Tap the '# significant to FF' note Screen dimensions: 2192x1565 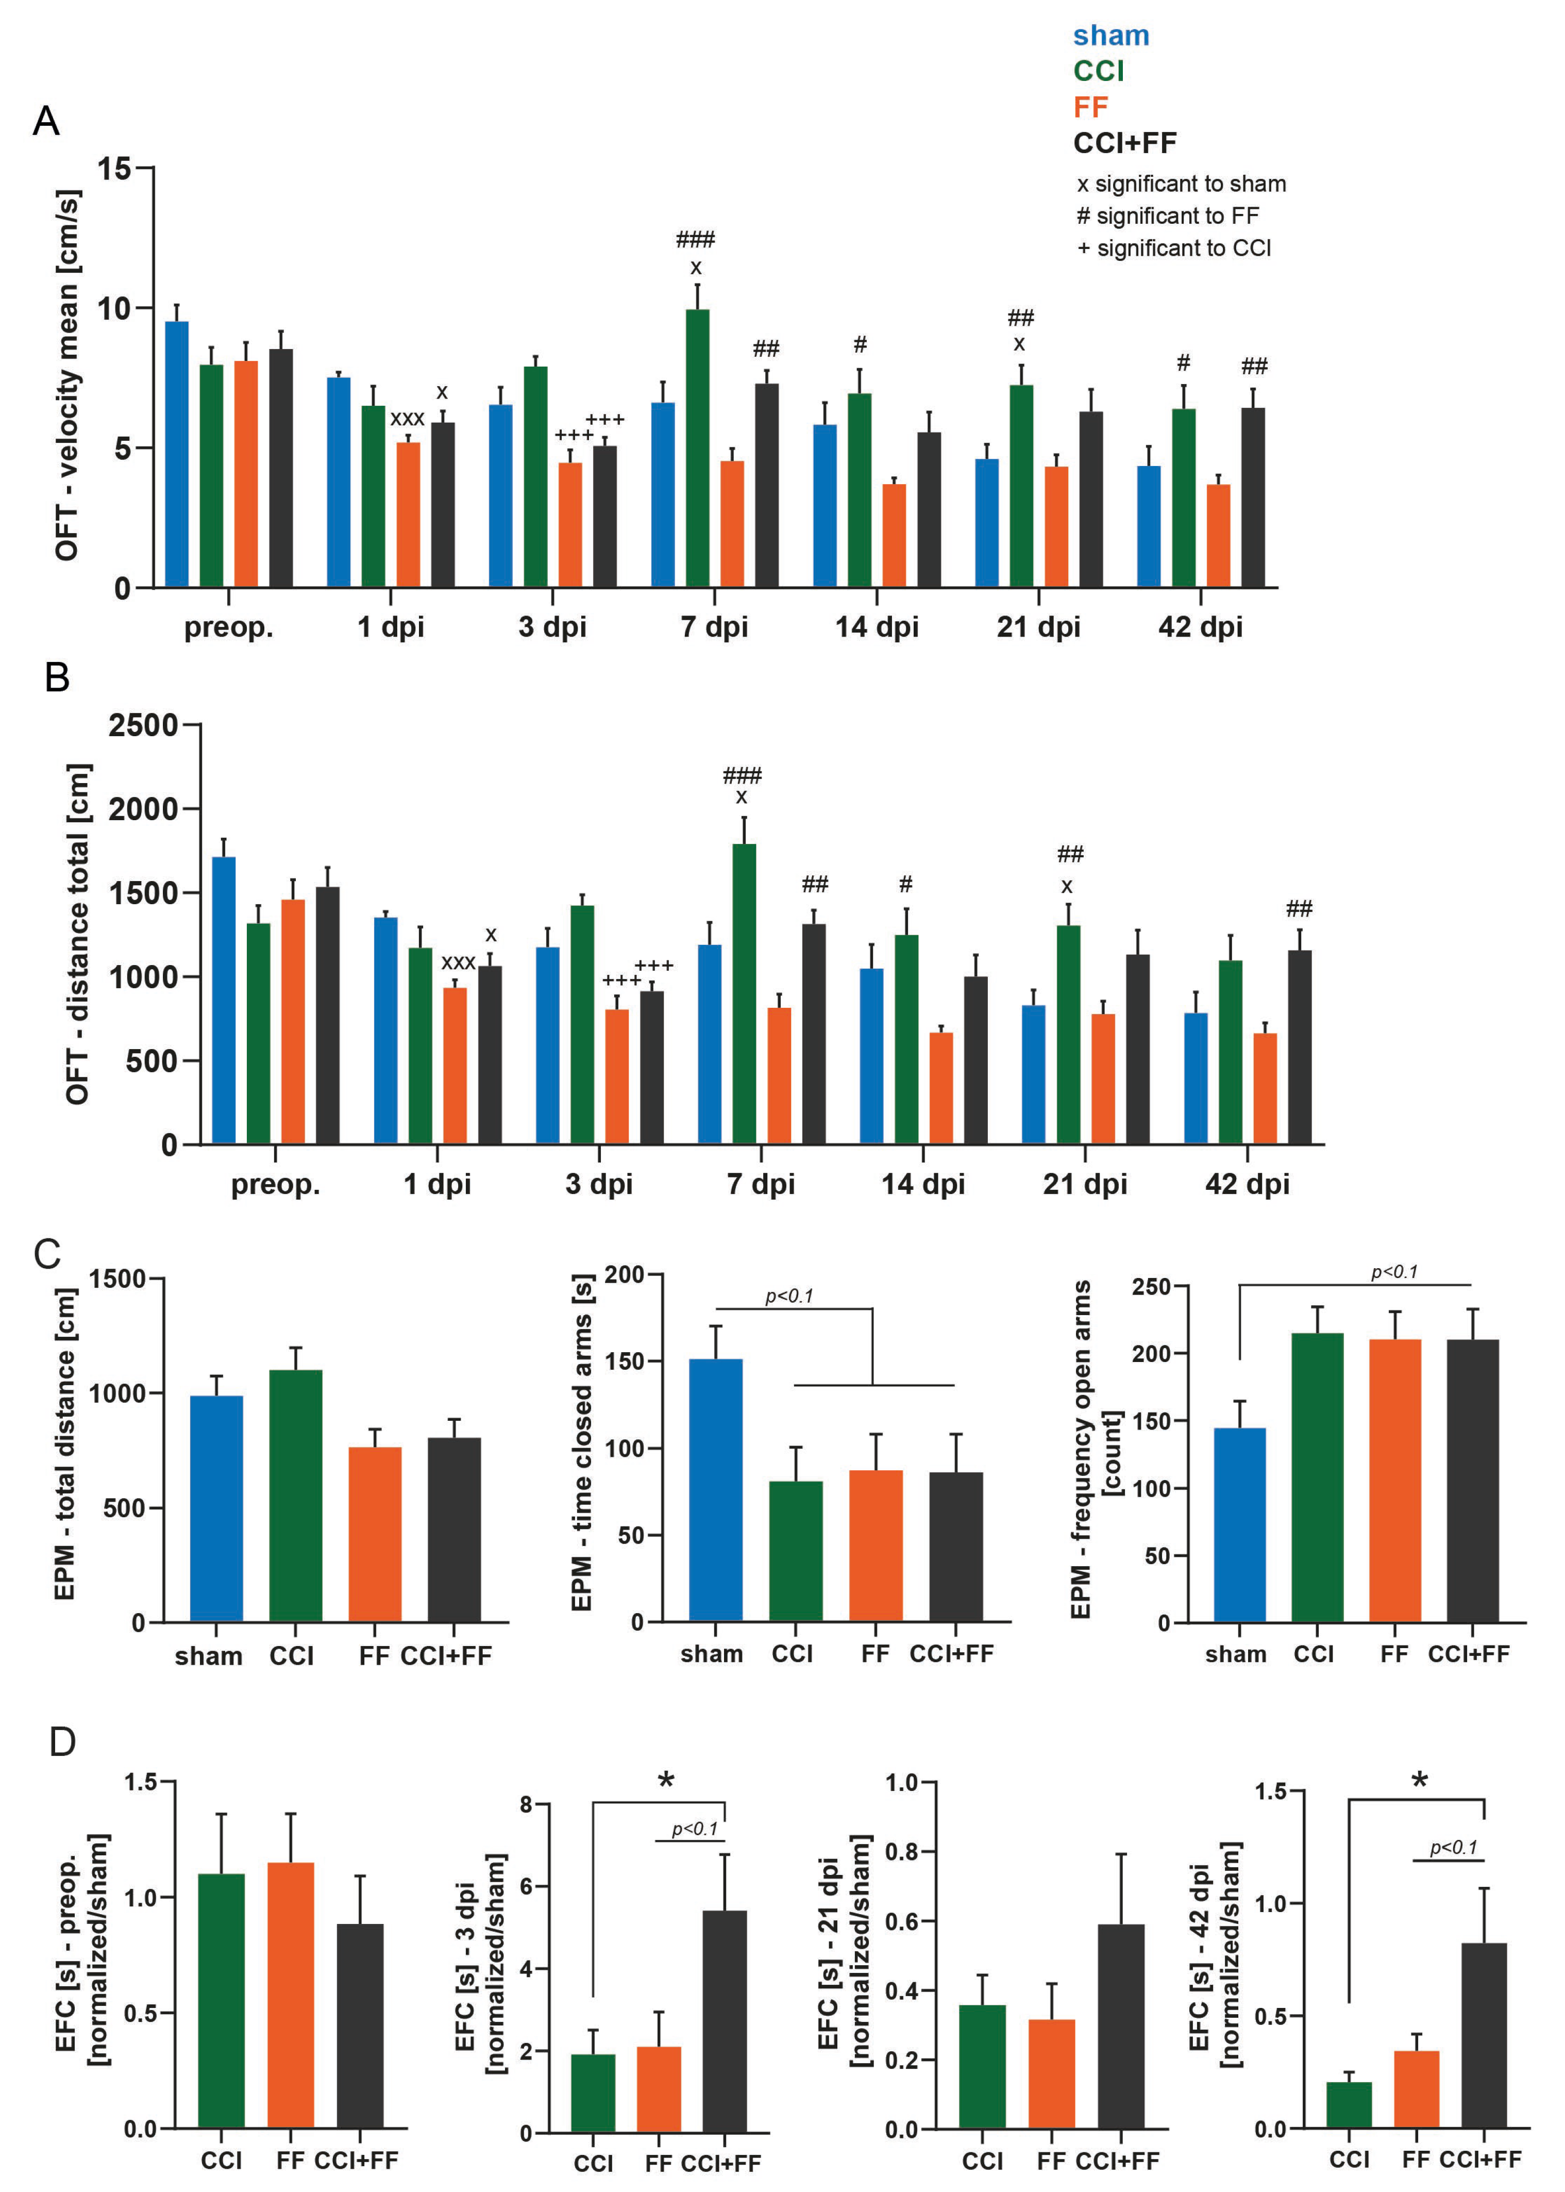pyautogui.click(x=1167, y=216)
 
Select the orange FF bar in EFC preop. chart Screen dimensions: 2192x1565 pyautogui.click(x=290, y=1996)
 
